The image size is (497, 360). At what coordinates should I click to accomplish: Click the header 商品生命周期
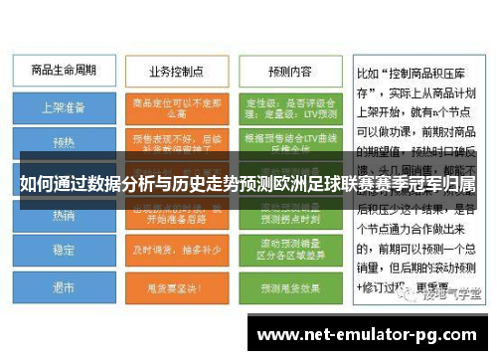(61, 73)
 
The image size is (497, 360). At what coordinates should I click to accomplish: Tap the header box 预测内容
(289, 73)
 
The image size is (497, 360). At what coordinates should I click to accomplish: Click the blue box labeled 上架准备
(63, 106)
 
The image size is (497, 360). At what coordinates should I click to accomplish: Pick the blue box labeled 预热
(63, 142)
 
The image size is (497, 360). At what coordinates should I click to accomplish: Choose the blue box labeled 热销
(63, 214)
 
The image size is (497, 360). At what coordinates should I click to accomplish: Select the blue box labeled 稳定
(63, 250)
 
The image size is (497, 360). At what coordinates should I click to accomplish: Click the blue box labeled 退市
(63, 286)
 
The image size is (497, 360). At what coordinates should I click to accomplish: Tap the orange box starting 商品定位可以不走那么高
(176, 106)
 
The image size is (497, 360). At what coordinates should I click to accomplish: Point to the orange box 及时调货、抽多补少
(176, 250)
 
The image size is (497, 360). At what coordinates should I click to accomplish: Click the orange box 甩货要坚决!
(176, 286)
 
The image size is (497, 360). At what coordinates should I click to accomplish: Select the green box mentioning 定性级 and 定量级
(289, 106)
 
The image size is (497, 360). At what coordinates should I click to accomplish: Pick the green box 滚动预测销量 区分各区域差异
(289, 250)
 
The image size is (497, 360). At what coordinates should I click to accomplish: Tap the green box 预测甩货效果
(289, 286)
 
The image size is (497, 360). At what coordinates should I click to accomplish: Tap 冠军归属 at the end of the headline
(437, 185)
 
